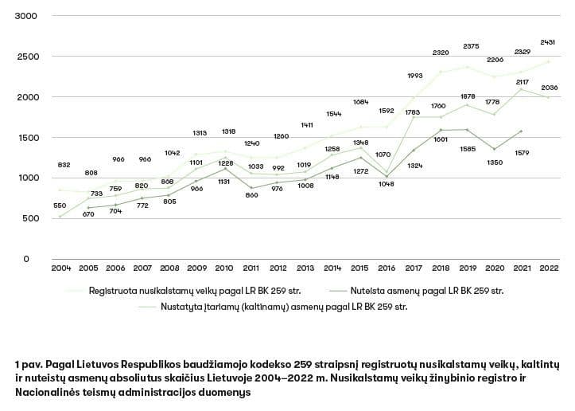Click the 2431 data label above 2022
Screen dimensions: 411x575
pos(547,41)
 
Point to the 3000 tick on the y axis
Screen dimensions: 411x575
pos(26,17)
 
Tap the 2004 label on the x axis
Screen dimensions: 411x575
pos(61,267)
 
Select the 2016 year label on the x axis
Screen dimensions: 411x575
pos(387,267)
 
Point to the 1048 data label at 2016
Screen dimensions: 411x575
pos(387,184)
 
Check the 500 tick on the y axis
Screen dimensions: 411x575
pos(29,218)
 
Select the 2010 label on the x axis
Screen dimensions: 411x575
pos(224,267)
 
